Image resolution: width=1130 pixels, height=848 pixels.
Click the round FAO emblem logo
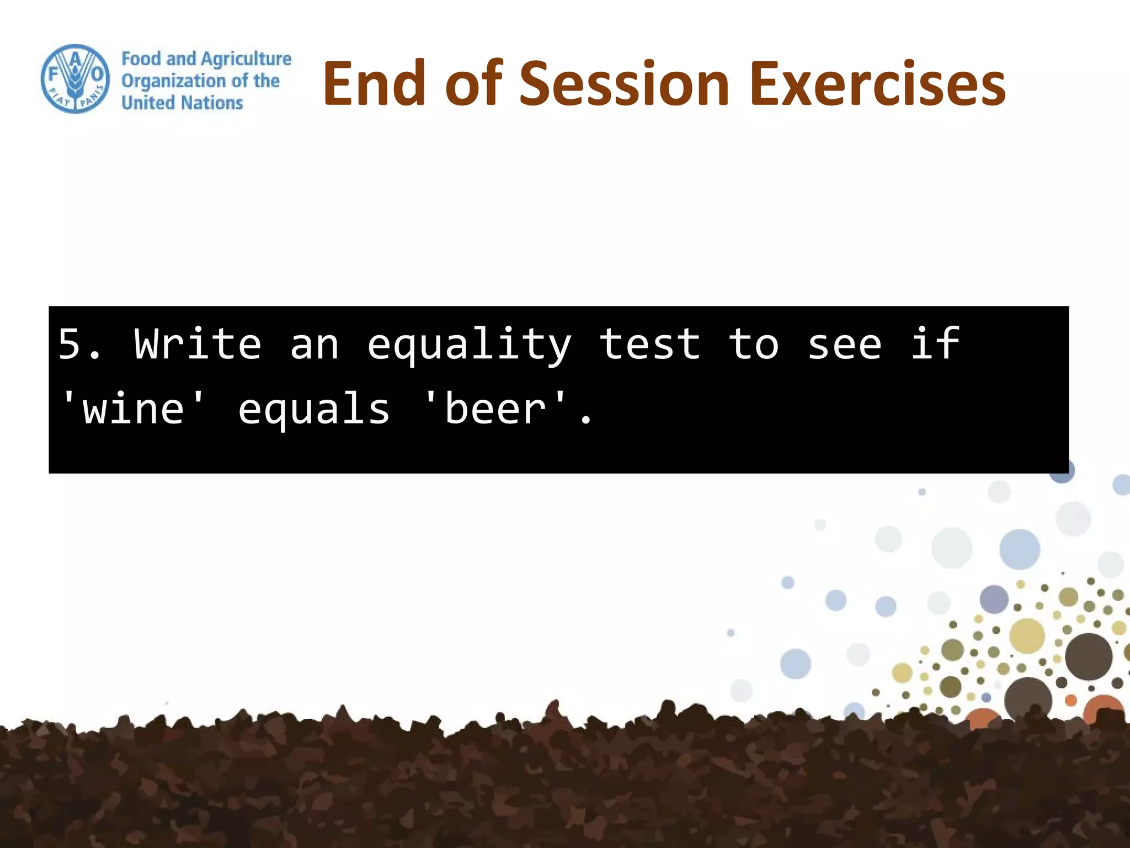[x=75, y=79]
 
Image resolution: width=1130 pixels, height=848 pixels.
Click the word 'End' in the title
[x=375, y=84]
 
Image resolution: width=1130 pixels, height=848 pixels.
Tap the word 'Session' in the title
[x=625, y=84]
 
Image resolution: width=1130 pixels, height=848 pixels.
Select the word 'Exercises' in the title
[x=877, y=84]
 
